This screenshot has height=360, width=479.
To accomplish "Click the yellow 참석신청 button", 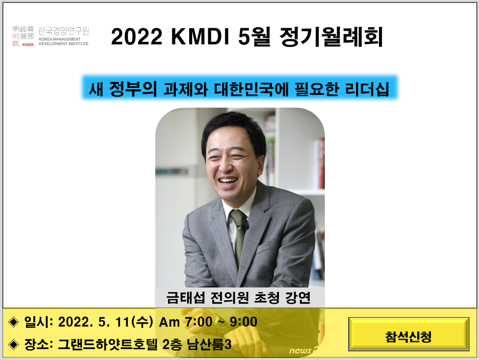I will [x=408, y=337].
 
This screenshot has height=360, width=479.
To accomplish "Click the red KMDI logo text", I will [x=28, y=44].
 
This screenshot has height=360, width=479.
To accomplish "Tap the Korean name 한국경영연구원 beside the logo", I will [x=63, y=31].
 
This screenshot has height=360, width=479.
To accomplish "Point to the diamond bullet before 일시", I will [x=14, y=322].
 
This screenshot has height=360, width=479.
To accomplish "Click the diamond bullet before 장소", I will [x=14, y=344].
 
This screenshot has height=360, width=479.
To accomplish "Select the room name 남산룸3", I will [x=210, y=344].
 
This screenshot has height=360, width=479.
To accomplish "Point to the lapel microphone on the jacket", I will [x=246, y=224].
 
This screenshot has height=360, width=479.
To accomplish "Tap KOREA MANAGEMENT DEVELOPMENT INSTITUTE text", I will [x=63, y=42].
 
